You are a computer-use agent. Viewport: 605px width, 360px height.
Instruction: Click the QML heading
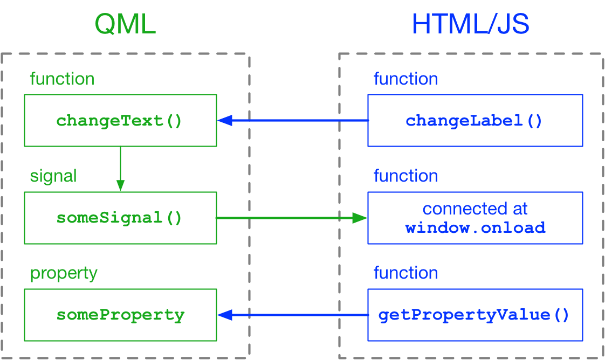(x=125, y=24)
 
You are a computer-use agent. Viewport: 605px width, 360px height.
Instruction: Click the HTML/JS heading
(x=470, y=24)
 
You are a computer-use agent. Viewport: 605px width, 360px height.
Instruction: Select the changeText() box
(x=120, y=120)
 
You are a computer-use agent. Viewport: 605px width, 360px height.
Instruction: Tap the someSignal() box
(x=120, y=218)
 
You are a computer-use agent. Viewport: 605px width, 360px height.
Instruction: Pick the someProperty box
(x=120, y=315)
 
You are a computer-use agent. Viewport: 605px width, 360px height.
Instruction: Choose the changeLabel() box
(x=475, y=120)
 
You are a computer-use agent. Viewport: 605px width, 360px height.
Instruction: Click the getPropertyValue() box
(x=475, y=315)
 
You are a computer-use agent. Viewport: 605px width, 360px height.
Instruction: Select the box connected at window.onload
(x=475, y=218)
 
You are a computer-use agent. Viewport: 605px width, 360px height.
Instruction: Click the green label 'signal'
(x=53, y=176)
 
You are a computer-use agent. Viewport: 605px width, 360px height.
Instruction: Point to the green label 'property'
(x=64, y=273)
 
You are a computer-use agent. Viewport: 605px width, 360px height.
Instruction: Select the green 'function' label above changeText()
(x=61, y=79)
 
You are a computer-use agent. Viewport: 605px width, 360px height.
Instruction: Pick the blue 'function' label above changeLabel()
(x=405, y=79)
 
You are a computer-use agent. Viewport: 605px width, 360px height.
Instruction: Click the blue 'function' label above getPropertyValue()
(x=405, y=273)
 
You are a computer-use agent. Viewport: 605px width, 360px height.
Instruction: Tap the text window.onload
(x=475, y=227)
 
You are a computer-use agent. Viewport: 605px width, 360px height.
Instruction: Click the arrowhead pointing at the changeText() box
(x=225, y=120)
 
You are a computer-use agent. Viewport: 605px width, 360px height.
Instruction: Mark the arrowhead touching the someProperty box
(x=225, y=315)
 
